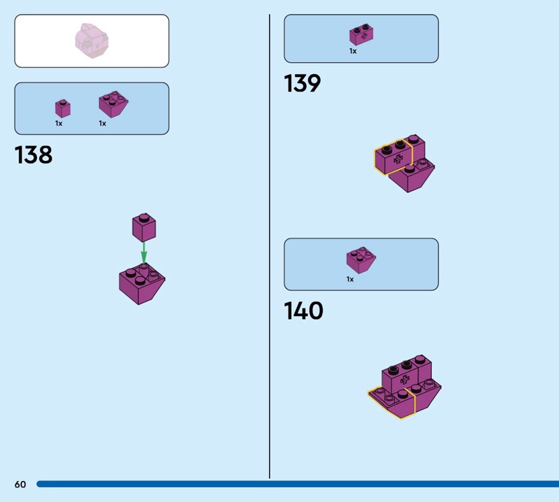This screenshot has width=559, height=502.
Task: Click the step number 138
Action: click(34, 155)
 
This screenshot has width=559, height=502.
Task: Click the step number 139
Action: click(302, 84)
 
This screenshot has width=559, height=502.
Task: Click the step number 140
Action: click(303, 311)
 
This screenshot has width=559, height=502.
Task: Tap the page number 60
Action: click(20, 485)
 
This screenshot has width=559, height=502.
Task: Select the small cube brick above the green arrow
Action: click(144, 227)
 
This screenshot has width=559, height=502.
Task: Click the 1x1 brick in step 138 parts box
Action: click(63, 108)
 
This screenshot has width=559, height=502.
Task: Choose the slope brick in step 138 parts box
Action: click(113, 105)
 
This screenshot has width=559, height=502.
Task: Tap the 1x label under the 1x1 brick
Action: click(59, 124)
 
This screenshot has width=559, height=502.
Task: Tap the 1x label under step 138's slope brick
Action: click(102, 124)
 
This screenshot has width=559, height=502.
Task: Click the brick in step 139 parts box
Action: click(361, 35)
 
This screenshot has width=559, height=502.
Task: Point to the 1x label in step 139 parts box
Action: click(353, 51)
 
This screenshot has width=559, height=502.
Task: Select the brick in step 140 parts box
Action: click(361, 260)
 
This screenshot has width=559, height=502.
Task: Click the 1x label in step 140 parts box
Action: click(350, 279)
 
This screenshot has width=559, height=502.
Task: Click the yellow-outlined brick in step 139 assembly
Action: click(394, 157)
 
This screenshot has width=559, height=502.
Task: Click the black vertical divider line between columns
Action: click(270, 245)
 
